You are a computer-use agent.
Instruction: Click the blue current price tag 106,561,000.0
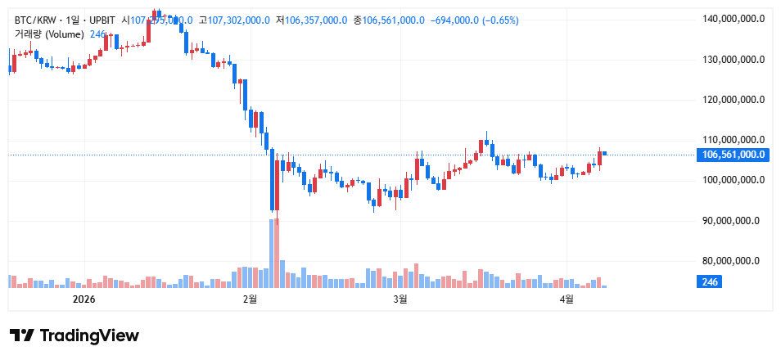point(731,154)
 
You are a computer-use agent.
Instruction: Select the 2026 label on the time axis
point(84,299)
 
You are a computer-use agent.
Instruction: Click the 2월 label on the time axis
point(251,299)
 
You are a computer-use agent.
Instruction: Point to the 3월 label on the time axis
point(400,299)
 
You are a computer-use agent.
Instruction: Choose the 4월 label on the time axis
point(567,299)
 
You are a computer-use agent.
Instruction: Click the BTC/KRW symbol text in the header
point(35,20)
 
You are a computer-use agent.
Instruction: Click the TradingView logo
point(74,335)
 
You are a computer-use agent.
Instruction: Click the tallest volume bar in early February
point(272,254)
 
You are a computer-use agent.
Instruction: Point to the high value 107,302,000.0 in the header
point(239,20)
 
